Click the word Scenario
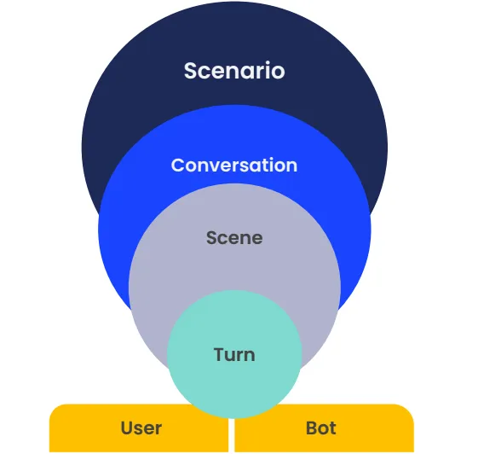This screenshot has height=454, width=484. pyautogui.click(x=234, y=71)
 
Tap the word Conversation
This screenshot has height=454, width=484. pyautogui.click(x=234, y=166)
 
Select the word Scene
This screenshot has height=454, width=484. pyautogui.click(x=234, y=238)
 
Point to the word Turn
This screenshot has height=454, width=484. pyautogui.click(x=234, y=354)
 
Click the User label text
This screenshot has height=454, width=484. pyautogui.click(x=141, y=428)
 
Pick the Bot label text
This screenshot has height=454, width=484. pyautogui.click(x=320, y=428)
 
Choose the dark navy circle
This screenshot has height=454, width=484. pyautogui.click(x=234, y=37)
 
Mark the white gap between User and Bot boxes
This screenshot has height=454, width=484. pyautogui.click(x=232, y=435)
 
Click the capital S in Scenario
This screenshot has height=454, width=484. pyautogui.click(x=190, y=71)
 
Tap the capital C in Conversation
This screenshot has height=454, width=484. pyautogui.click(x=178, y=166)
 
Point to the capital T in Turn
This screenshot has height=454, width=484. pyautogui.click(x=220, y=354)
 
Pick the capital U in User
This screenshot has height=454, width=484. pyautogui.click(x=128, y=428)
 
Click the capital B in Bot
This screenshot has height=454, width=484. pyautogui.click(x=312, y=428)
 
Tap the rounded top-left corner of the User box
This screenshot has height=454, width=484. pyautogui.click(x=54, y=409)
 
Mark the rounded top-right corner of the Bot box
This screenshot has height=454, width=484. pyautogui.click(x=409, y=409)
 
